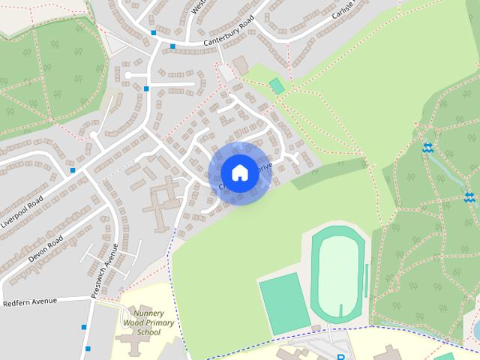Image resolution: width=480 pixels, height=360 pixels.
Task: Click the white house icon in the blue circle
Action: pos(239,172)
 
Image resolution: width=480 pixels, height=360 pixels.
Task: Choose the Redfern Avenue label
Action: pos(30,301)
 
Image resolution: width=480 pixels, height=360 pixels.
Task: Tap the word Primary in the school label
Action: pos(159,322)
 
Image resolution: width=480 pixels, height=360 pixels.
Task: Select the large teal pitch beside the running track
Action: pos(284,301)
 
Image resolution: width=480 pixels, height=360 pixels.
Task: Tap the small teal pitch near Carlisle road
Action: pos(277,86)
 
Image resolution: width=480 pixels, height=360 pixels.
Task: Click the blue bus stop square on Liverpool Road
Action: pos(73,171)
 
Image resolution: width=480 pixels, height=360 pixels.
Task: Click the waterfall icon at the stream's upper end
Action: pos(427,148)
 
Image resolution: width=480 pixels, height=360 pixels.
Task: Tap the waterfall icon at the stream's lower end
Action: pos(469,197)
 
